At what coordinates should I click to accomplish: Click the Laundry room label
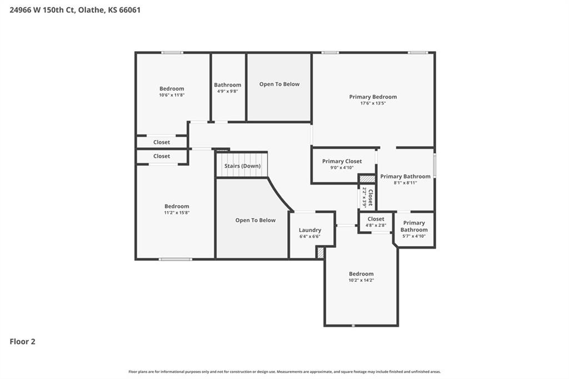click(310, 230)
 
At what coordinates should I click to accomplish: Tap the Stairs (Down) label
click(242, 166)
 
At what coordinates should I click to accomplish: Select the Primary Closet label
click(342, 161)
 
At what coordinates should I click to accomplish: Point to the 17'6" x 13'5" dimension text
click(373, 103)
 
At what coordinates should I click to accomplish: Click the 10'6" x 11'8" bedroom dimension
click(172, 95)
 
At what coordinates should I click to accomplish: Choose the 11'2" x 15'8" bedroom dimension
click(177, 213)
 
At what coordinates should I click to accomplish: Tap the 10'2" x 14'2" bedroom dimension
click(361, 280)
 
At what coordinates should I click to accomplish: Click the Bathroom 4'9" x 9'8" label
click(227, 88)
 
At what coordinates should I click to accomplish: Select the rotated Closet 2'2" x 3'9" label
click(367, 197)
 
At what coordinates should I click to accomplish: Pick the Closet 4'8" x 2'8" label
click(376, 222)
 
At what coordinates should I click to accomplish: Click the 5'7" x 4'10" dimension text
click(414, 236)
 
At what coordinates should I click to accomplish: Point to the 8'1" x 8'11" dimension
click(405, 183)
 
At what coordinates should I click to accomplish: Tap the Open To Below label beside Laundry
click(256, 221)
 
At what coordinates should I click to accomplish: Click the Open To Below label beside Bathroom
click(279, 84)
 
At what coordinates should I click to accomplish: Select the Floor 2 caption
click(22, 342)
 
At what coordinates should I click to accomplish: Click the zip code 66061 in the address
click(129, 10)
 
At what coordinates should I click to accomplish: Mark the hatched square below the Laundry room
click(320, 253)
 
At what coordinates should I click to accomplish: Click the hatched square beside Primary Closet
click(367, 179)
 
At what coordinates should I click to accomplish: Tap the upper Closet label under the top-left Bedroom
click(162, 142)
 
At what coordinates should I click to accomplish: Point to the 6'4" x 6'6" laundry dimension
click(310, 237)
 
